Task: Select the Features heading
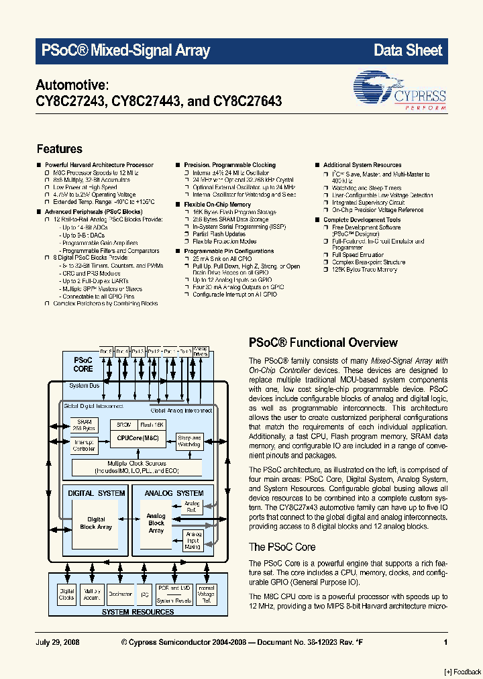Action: tap(59, 149)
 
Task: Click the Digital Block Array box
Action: tap(96, 523)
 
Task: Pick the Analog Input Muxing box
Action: tap(192, 540)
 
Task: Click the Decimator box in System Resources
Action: tap(120, 594)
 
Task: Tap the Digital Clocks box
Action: tap(66, 594)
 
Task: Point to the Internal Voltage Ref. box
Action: tap(205, 594)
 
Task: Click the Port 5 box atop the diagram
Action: tap(106, 351)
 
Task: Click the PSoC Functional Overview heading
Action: tap(323, 342)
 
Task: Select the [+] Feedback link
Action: tap(462, 672)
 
